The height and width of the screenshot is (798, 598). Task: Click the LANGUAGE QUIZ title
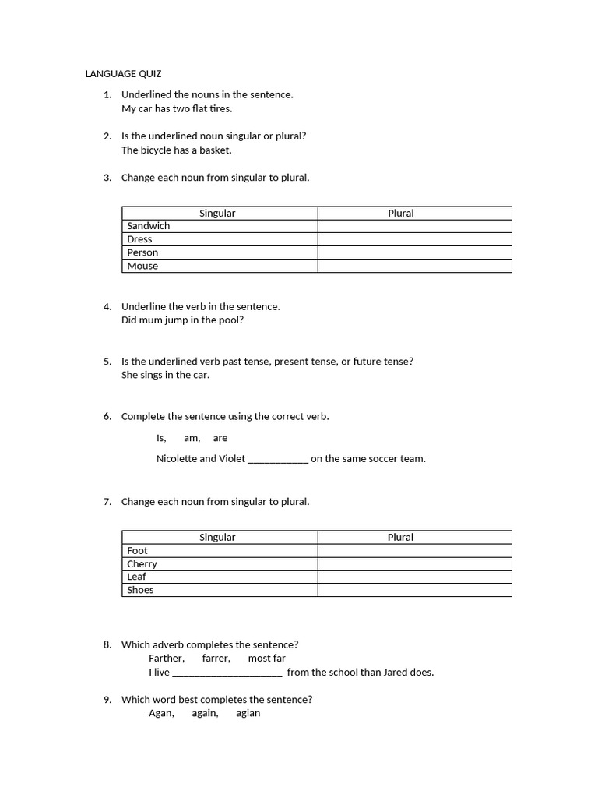123,74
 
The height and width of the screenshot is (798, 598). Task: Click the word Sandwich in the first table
148,226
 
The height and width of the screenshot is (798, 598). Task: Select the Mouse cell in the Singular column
142,266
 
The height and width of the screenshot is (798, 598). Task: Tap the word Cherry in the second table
142,563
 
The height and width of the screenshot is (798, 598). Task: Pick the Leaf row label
136,577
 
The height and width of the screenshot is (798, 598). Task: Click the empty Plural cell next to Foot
414,550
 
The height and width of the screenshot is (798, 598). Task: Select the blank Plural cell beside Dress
414,239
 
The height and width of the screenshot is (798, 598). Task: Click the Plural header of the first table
401,213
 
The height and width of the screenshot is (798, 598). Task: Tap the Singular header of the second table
217,537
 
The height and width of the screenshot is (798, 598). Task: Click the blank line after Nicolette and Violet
278,459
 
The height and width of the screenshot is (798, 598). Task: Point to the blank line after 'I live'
227,673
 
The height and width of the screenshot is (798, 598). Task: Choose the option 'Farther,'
167,659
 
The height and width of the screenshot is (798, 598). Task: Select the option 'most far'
266,659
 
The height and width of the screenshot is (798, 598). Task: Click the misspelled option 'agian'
248,713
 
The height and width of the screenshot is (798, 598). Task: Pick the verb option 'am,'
192,438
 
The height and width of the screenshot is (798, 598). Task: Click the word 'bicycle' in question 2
157,150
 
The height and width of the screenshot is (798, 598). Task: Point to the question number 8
107,644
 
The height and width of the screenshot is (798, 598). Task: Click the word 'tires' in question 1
220,108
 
